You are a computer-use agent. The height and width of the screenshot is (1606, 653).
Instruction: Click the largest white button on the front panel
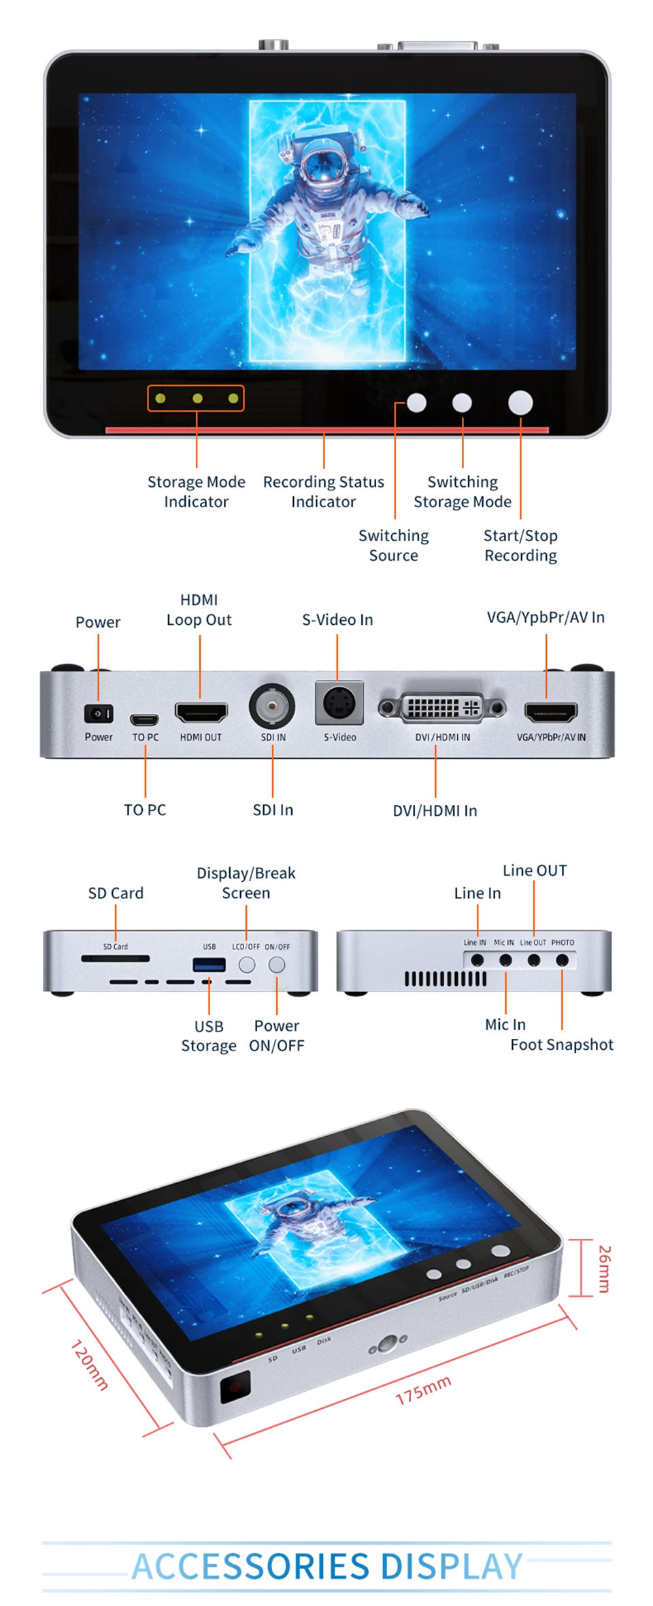click(x=520, y=403)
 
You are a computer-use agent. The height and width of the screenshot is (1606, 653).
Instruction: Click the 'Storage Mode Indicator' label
click(x=196, y=492)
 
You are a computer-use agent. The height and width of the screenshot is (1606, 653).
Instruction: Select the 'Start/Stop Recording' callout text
click(x=520, y=545)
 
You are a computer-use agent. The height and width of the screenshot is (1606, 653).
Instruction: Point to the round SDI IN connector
click(x=272, y=706)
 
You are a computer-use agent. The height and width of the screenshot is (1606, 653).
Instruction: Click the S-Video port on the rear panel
click(x=339, y=703)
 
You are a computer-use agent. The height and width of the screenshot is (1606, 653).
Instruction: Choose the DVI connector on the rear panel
click(x=442, y=708)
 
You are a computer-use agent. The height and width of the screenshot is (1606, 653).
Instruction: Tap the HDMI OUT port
click(x=201, y=712)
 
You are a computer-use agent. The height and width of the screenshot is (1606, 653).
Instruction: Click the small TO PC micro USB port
click(x=145, y=719)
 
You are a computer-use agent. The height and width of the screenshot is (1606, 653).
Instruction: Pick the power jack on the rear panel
click(x=99, y=714)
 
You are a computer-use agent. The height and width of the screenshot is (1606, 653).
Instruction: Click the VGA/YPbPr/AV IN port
click(x=551, y=712)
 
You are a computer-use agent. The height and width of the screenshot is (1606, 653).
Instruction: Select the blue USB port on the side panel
click(x=209, y=964)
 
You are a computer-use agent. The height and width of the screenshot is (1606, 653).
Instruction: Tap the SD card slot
click(x=116, y=959)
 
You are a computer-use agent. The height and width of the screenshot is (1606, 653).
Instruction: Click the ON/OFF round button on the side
click(x=277, y=964)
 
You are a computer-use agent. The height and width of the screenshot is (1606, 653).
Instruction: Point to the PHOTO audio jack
click(x=562, y=960)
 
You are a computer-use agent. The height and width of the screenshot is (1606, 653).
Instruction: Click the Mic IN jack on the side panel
click(x=505, y=960)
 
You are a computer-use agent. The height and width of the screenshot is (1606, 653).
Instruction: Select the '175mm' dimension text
click(x=423, y=1389)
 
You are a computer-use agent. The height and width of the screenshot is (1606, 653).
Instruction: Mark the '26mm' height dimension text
click(x=604, y=1269)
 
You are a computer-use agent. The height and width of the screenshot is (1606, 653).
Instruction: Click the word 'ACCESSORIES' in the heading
click(x=250, y=1566)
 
